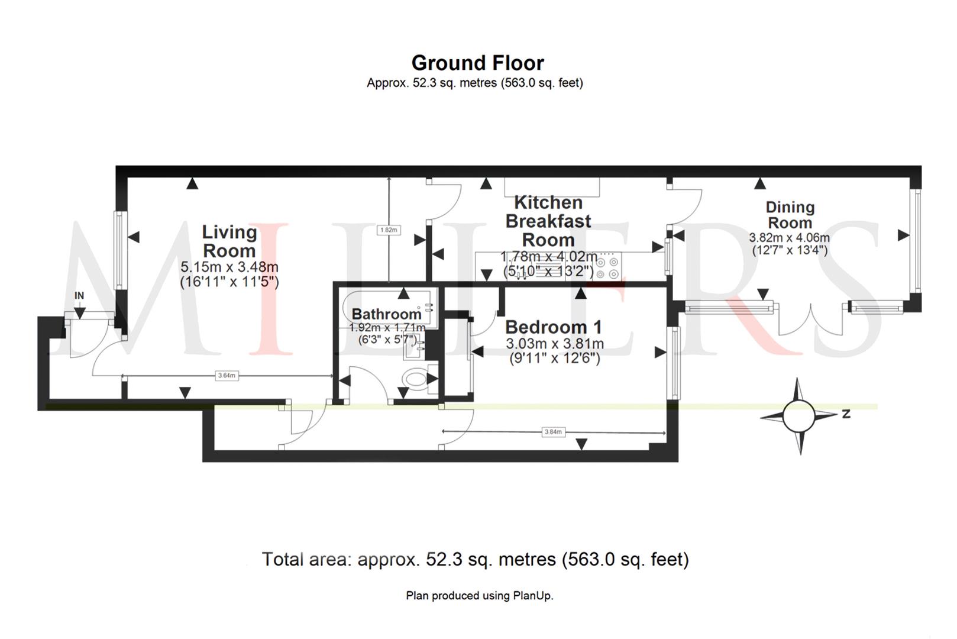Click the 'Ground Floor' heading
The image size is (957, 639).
[477, 63]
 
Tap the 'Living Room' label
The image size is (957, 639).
[229, 241]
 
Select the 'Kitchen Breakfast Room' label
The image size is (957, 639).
[548, 221]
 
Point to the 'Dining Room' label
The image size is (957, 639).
[790, 215]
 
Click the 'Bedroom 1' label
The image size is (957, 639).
[553, 327]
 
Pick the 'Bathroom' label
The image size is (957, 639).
[386, 314]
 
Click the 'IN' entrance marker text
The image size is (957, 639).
[79, 295]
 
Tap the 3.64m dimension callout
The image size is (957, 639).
[227, 375]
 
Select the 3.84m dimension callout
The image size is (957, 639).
[553, 432]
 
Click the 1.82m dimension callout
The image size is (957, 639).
[389, 230]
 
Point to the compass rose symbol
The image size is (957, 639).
[799, 416]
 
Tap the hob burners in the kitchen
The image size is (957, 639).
[607, 267]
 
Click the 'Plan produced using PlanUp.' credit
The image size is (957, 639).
[479, 595]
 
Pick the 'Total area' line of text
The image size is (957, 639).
[475, 559]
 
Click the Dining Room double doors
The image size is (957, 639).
[810, 319]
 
